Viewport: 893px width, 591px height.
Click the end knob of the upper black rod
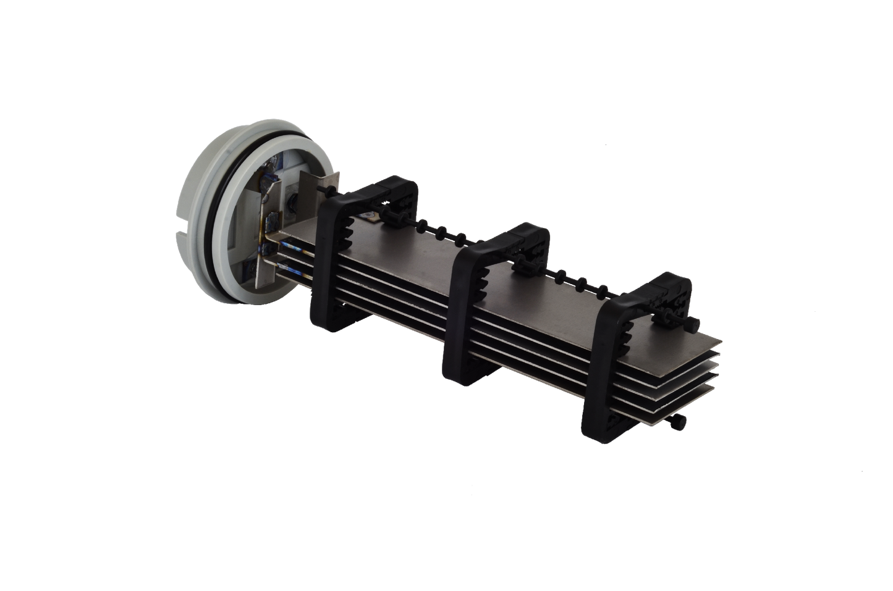pos(697,326)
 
